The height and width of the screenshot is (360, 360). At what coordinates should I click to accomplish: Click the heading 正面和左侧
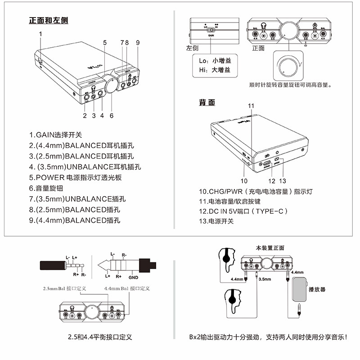pyautogui.click(x=49, y=21)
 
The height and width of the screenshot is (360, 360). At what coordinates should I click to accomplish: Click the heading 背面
pyautogui.click(x=207, y=103)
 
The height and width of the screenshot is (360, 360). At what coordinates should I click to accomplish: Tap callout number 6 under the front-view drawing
pyautogui.click(x=111, y=115)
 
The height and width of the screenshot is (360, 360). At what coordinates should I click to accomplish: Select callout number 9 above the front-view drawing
pyautogui.click(x=138, y=42)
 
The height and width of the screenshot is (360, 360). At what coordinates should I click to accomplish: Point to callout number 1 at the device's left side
pyautogui.click(x=40, y=34)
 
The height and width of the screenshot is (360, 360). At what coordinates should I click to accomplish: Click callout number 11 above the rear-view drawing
pyautogui.click(x=251, y=106)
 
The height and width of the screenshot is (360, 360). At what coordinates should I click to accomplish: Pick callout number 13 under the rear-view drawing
pyautogui.click(x=283, y=181)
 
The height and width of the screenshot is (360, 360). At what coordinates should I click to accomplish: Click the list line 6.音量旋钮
pyautogui.click(x=51, y=188)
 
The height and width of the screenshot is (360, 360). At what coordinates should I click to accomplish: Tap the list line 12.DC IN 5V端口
pyautogui.click(x=243, y=211)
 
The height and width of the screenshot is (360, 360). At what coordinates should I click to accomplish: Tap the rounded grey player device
pyautogui.click(x=299, y=288)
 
